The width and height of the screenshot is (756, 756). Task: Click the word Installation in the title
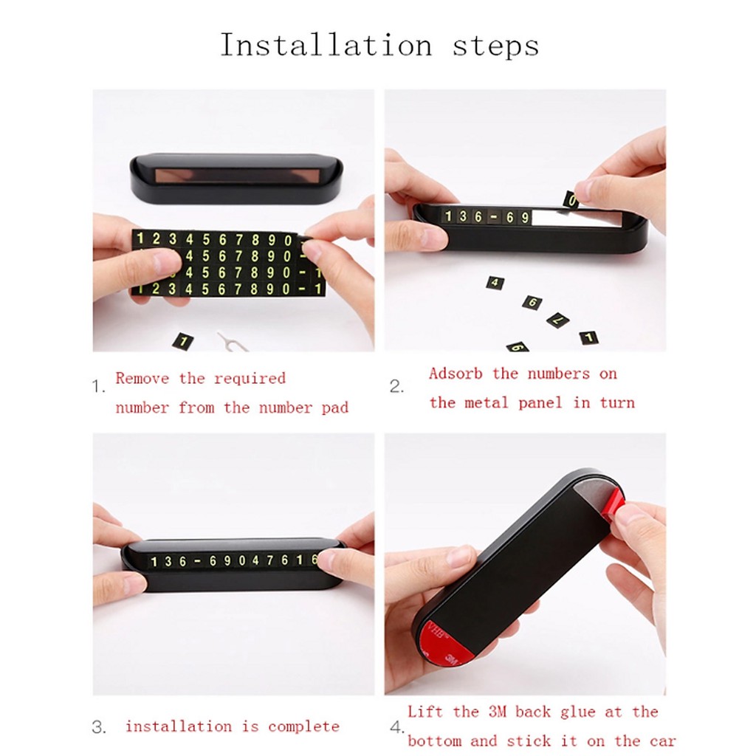click(326, 45)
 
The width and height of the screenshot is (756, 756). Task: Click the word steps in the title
click(495, 47)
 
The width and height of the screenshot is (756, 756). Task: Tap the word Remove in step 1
click(142, 378)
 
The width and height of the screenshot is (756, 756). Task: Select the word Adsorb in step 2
click(456, 373)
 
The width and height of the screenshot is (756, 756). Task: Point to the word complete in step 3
click(303, 726)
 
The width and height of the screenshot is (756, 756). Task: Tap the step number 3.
click(98, 727)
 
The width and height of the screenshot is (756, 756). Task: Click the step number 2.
click(396, 387)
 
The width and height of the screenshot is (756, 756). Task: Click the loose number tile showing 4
click(495, 283)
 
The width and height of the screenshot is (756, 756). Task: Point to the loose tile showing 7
click(558, 320)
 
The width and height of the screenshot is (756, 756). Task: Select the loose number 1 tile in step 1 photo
click(183, 341)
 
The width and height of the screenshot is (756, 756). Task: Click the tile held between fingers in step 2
click(571, 199)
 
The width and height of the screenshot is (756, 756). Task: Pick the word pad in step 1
click(334, 408)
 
